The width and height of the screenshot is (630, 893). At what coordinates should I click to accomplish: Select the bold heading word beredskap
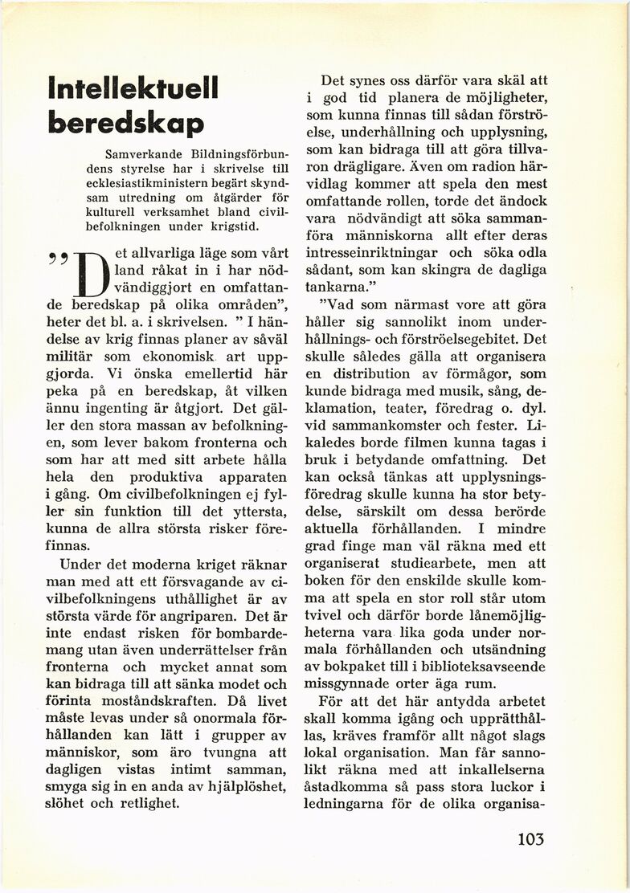click(125, 123)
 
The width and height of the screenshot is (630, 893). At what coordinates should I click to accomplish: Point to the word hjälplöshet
click(235, 785)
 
